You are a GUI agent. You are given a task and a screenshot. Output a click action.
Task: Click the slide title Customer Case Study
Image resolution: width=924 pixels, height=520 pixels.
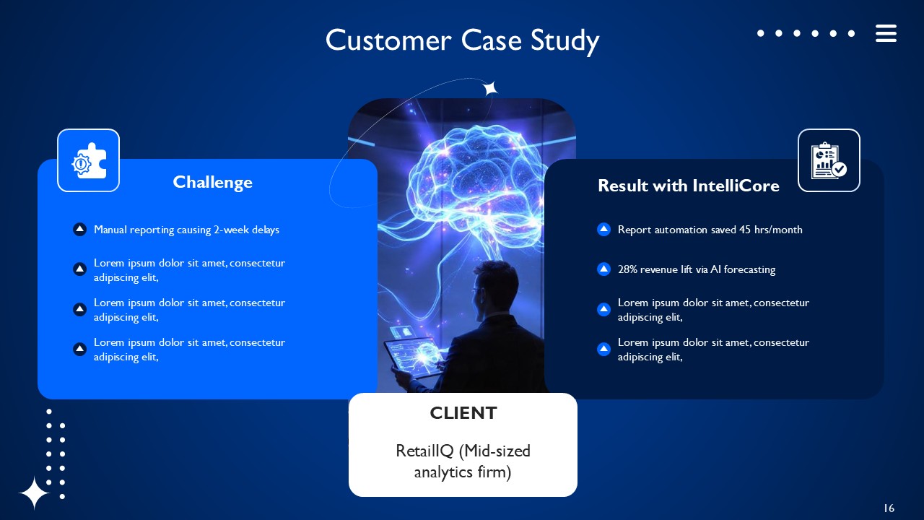coord(462,40)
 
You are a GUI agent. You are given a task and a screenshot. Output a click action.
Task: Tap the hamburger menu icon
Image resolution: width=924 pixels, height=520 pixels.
coord(886,33)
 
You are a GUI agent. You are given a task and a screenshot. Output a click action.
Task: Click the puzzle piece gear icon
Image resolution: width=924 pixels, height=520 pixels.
coord(88,160)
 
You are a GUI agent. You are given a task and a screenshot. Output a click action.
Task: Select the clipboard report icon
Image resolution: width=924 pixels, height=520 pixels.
coord(829,160)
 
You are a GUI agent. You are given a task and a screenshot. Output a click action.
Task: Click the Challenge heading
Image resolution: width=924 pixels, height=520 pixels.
coord(212,182)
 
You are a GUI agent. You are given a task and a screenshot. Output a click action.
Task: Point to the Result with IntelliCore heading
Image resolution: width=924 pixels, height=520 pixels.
coord(688,186)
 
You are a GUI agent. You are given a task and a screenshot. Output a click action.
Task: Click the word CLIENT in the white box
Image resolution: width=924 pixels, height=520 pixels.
coord(463,413)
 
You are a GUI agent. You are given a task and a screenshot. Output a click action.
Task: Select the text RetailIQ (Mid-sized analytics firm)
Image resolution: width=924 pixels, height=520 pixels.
coord(463,461)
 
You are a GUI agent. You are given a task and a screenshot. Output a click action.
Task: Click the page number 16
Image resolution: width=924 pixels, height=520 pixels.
coord(889,508)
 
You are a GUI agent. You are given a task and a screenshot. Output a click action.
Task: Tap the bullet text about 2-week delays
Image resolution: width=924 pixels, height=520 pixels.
coord(186,230)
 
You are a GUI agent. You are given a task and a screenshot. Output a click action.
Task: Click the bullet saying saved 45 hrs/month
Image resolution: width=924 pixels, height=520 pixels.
coord(710,230)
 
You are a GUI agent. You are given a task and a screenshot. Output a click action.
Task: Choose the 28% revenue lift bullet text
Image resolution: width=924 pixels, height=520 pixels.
coord(696,269)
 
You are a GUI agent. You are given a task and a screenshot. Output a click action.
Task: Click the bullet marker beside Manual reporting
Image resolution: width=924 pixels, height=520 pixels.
coord(80,230)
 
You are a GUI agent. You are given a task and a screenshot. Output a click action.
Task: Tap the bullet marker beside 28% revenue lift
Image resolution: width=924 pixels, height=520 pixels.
coord(604,269)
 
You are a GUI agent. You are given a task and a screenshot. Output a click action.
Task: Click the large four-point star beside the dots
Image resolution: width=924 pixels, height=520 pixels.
coord(34,493)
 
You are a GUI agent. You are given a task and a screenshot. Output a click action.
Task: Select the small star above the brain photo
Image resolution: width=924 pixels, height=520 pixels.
coord(490,88)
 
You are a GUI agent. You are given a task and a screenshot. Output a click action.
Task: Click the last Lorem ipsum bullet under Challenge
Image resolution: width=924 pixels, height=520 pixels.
coord(189,350)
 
